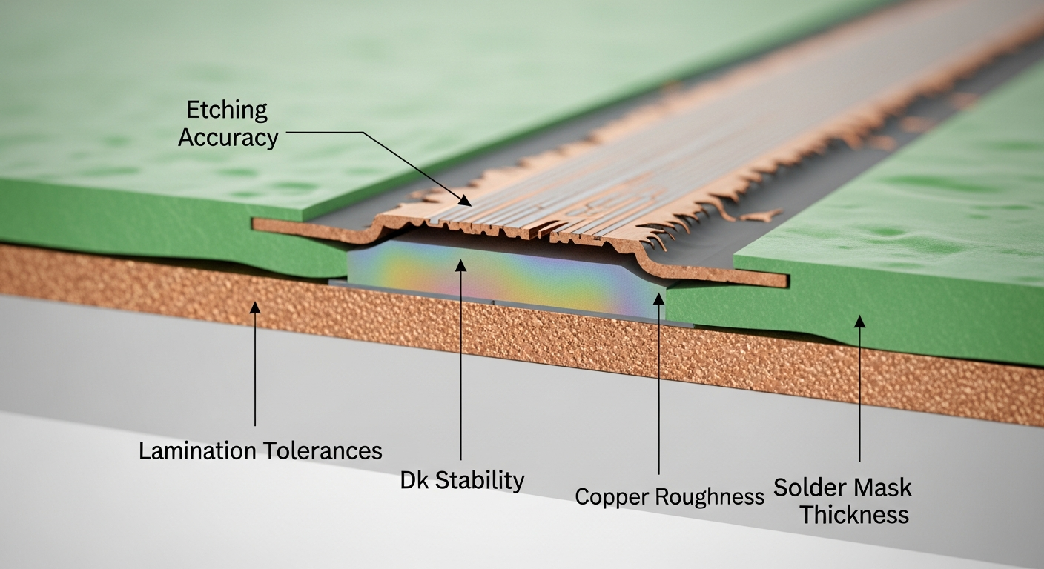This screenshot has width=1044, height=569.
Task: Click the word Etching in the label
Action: click(226, 110)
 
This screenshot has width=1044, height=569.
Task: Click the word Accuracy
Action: click(228, 137)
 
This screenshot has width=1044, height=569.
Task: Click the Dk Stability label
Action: click(462, 480)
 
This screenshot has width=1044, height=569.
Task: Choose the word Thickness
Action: click(854, 515)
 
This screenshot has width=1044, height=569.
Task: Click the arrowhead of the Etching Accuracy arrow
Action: click(466, 202)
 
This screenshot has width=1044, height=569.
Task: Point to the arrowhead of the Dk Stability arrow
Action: click(461, 264)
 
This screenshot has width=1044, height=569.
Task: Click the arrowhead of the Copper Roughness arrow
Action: click(659, 298)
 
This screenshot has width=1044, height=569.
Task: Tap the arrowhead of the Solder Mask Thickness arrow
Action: click(859, 321)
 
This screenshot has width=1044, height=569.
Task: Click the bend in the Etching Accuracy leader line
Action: click(364, 133)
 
